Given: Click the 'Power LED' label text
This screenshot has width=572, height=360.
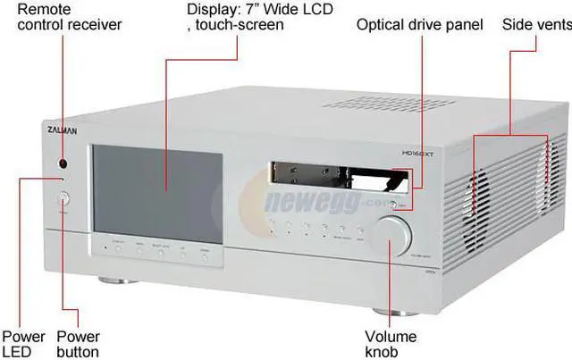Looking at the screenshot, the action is [23, 344].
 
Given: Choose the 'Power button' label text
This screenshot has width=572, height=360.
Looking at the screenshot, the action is [79, 344].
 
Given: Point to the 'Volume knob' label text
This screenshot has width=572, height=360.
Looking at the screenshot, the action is [391, 344].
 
